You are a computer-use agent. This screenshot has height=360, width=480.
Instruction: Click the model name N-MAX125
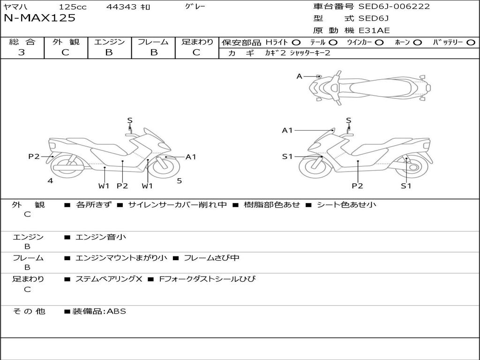point(39,18)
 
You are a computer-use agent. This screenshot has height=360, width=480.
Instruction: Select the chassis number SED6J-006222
point(394,7)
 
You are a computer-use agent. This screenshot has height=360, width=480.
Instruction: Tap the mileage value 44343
point(121,7)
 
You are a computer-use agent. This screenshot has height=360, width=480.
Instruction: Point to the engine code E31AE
point(374,30)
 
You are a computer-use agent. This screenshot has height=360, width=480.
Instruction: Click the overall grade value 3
point(22,52)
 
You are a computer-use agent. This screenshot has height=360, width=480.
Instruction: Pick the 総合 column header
point(22,42)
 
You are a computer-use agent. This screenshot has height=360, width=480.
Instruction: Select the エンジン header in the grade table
point(109,42)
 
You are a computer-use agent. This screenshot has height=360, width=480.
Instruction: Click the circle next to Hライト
point(296,42)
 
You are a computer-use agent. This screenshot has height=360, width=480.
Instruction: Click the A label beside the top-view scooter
point(300,76)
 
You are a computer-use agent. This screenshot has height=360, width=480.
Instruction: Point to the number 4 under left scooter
point(50,180)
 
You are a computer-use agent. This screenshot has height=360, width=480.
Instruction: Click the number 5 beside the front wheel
point(179,180)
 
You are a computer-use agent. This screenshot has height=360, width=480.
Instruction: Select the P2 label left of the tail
point(34,157)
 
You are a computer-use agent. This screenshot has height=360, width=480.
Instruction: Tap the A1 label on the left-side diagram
point(191,157)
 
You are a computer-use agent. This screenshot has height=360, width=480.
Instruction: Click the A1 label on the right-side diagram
point(287,130)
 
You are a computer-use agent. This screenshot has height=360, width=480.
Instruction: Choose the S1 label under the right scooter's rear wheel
point(406,186)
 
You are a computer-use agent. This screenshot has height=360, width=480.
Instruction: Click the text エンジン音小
point(101,237)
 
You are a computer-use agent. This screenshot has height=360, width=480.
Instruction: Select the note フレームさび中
point(211,258)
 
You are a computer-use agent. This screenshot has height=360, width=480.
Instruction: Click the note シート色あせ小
point(346,204)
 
